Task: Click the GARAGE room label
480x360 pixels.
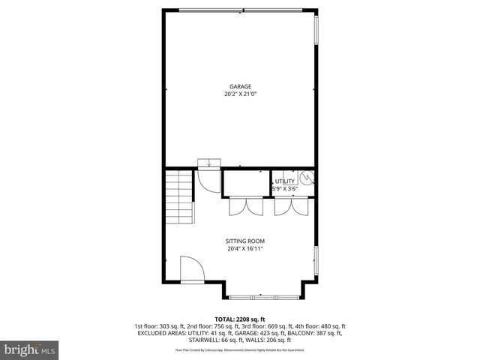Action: point(241,87)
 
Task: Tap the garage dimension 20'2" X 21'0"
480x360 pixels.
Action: point(241,94)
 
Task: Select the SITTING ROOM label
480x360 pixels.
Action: point(245,241)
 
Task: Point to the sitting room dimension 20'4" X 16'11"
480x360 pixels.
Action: point(245,249)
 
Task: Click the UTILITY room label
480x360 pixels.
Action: point(284,181)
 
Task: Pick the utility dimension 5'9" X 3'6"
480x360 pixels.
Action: point(284,189)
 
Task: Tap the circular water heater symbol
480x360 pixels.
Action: point(307,178)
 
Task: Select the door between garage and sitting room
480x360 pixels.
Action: point(204,181)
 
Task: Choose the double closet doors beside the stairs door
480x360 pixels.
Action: point(241,207)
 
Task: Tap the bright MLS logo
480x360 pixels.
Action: point(29,349)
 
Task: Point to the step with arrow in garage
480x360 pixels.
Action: point(209,162)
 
